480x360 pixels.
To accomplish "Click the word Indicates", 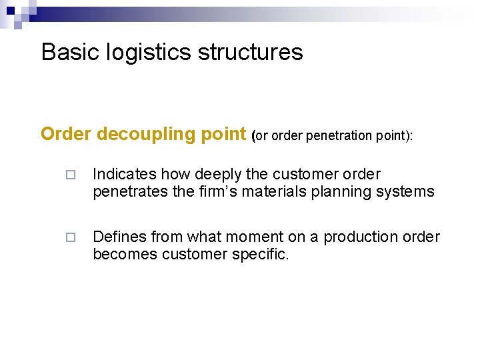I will [x=125, y=175].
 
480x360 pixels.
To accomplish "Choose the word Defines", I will [x=119, y=237].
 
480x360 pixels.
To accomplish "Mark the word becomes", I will [x=125, y=254].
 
